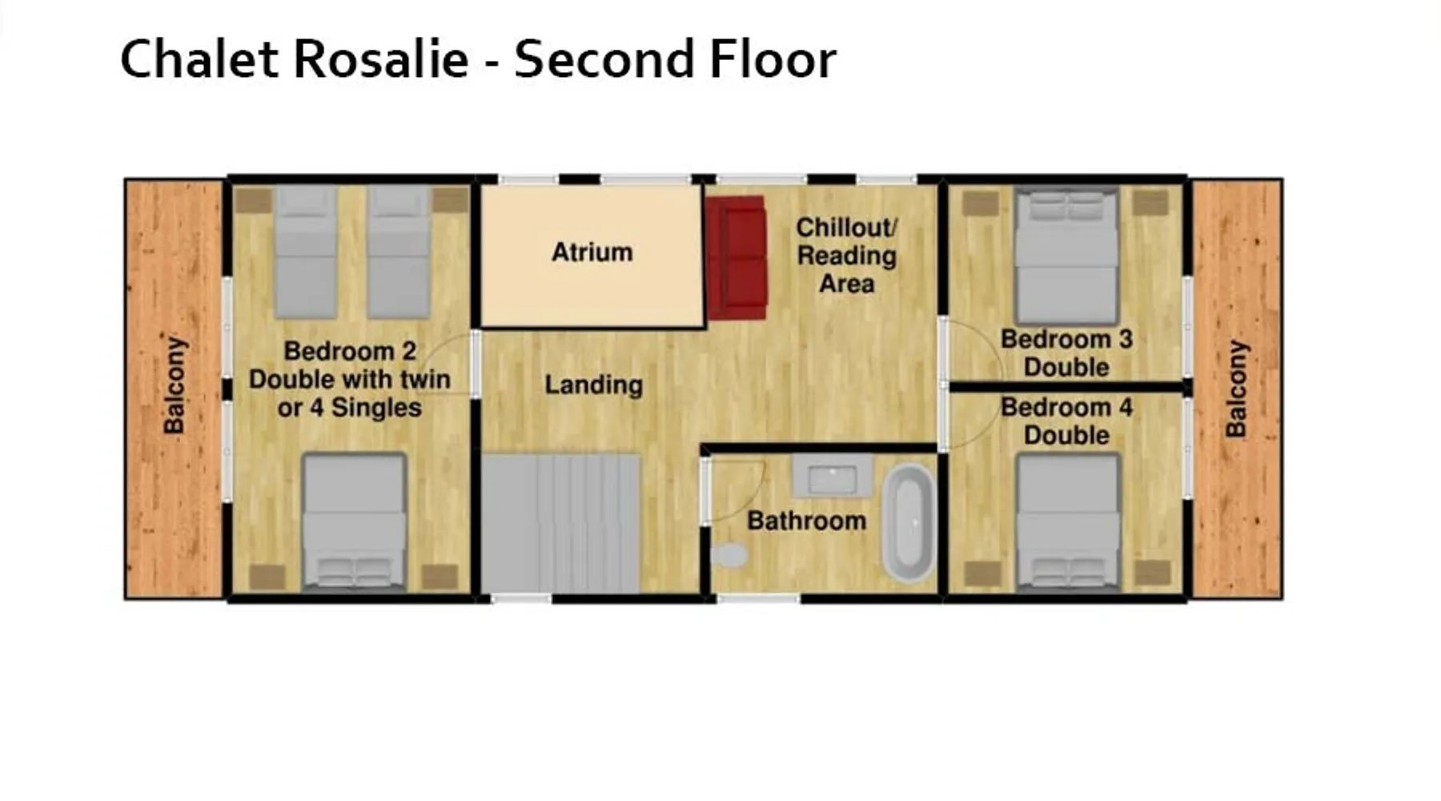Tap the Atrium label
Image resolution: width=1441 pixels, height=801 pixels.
tap(592, 252)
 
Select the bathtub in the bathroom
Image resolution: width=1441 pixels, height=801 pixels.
tap(909, 523)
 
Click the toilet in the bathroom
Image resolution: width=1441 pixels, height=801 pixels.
tap(729, 555)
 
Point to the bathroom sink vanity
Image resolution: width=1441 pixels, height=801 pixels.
tap(832, 477)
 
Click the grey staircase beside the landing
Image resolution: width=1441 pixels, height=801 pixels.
tap(560, 524)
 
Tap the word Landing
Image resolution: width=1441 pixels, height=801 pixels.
tap(593, 385)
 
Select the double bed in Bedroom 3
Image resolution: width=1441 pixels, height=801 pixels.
tap(1066, 256)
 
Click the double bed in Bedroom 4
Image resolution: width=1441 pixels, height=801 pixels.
tap(1067, 522)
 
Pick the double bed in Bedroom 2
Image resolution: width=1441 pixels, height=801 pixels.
tap(354, 521)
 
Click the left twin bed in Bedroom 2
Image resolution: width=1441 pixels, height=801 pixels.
tap(306, 252)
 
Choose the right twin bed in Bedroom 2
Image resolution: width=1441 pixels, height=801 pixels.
tap(399, 252)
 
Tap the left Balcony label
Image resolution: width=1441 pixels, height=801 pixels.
tap(174, 385)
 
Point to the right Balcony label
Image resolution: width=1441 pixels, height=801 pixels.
tap(1237, 389)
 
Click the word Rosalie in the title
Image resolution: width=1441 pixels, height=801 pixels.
tap(380, 58)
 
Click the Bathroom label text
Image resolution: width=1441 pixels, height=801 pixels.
tap(806, 521)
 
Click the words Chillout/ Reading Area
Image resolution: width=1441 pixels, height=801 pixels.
tap(846, 256)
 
